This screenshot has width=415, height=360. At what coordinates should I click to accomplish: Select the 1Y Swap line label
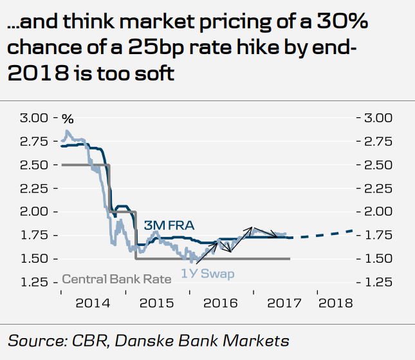point(207,274)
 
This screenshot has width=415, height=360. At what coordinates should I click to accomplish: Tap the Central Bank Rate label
point(116,279)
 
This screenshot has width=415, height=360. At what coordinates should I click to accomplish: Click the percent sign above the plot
point(68,118)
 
